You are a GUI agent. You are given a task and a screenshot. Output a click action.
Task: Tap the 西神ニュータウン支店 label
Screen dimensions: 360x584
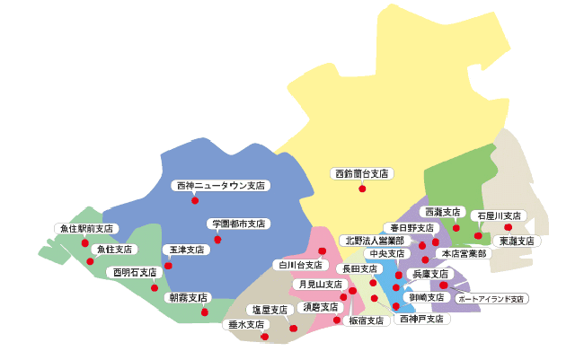point(220,186)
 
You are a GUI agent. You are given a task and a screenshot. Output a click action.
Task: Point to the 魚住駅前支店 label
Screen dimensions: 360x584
point(86,229)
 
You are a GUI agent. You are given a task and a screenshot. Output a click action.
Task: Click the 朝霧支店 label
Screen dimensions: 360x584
point(188,297)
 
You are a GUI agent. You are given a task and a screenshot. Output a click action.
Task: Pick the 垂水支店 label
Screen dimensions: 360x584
point(243,324)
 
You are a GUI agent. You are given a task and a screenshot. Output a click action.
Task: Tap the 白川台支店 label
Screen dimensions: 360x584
point(297,265)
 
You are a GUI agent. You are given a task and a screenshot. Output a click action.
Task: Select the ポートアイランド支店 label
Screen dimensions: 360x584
point(491,298)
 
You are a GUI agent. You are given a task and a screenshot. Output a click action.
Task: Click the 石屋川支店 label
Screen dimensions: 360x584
point(500,215)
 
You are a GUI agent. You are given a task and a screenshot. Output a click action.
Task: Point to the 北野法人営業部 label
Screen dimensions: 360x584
point(374,241)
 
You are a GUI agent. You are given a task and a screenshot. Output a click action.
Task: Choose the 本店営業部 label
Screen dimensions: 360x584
point(464,254)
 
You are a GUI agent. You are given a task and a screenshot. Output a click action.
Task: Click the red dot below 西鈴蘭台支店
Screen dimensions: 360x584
point(362,189)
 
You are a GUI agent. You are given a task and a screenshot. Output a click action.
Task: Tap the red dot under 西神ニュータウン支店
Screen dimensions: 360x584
point(195,200)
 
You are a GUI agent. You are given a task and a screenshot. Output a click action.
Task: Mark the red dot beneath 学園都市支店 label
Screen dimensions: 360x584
point(217,240)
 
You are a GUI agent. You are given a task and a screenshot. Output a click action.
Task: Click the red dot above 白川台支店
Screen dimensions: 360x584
point(322,251)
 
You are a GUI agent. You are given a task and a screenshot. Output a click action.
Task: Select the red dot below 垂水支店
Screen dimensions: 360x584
point(265,337)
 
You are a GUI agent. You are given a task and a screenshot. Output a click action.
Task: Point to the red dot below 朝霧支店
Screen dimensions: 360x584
point(205,312)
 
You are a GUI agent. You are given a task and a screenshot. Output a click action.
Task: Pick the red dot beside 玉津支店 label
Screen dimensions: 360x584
point(168,266)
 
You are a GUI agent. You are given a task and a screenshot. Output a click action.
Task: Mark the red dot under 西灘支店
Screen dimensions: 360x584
point(456,228)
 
